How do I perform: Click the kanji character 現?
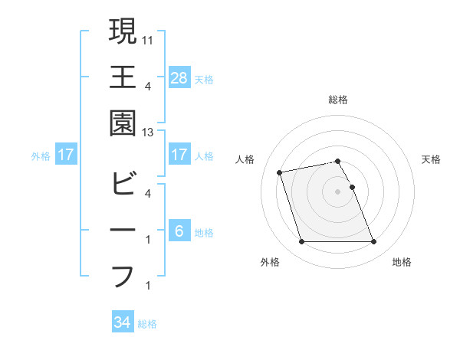tap(123, 31)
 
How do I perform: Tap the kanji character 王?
tap(123, 77)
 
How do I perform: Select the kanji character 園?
tap(123, 123)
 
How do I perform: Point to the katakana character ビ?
tap(123, 184)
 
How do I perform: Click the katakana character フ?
tap(123, 276)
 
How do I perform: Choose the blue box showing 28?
tap(179, 77)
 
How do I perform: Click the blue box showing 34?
tap(123, 322)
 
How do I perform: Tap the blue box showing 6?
tap(179, 231)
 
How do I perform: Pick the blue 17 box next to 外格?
tap(66, 155)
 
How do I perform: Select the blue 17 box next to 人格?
tap(179, 155)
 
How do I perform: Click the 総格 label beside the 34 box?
tap(147, 324)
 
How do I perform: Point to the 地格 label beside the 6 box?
tap(204, 232)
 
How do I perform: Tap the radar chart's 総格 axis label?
tap(338, 100)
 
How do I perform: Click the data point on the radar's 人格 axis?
tap(280, 172)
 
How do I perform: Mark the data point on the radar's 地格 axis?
tap(373, 242)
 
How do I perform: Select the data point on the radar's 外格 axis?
tap(301, 242)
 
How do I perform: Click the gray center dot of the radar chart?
tap(338, 191)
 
